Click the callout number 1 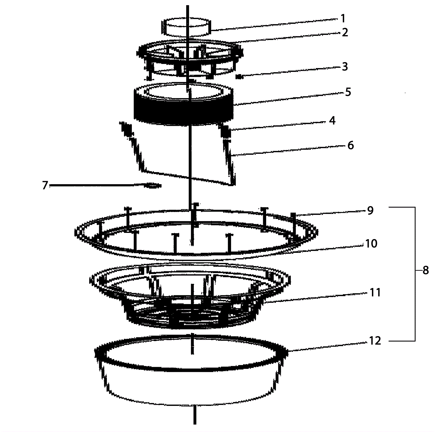[343, 19]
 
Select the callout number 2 [345, 32]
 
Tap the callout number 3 [345, 66]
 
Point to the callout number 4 [332, 120]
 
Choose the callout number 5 [348, 92]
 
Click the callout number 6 [351, 145]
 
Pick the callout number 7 [45, 185]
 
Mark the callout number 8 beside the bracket [425, 270]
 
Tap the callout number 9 [370, 210]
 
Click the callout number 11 [375, 293]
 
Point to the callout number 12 [375, 341]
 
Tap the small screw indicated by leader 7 [153, 185]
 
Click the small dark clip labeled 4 [226, 131]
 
